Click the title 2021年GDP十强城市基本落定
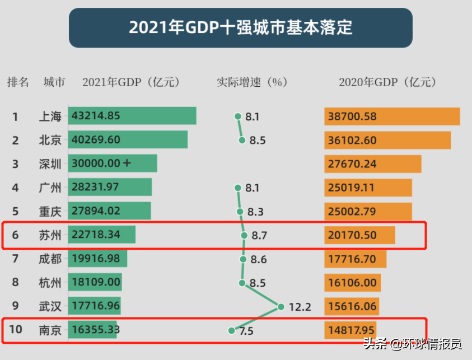pyautogui.click(x=241, y=27)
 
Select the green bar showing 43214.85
pyautogui.click(x=132, y=116)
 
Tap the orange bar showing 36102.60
pyautogui.click(x=387, y=140)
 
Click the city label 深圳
pyautogui.click(x=50, y=164)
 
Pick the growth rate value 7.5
pyautogui.click(x=246, y=331)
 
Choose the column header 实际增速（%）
pyautogui.click(x=252, y=82)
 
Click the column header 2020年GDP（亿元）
pyautogui.click(x=387, y=82)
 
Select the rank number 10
pyautogui.click(x=16, y=329)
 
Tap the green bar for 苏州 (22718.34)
pyautogui.click(x=102, y=235)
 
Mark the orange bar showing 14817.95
pyautogui.click(x=350, y=330)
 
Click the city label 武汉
pyautogui.click(x=50, y=306)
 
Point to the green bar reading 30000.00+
pyautogui.click(x=113, y=163)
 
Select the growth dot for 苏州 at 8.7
pyautogui.click(x=244, y=236)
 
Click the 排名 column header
pyautogui.click(x=18, y=82)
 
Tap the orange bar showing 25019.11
pyautogui.click(x=368, y=188)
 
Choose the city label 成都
pyautogui.click(x=50, y=259)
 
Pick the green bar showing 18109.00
pyautogui.click(x=95, y=282)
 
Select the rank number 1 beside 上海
pyautogui.click(x=16, y=117)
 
